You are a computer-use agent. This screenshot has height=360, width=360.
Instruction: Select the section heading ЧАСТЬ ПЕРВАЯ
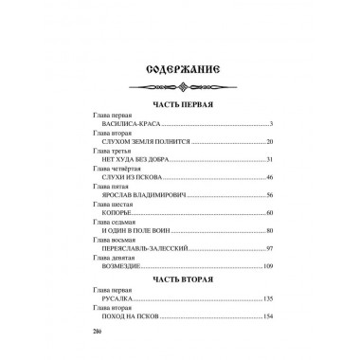tap(179, 104)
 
